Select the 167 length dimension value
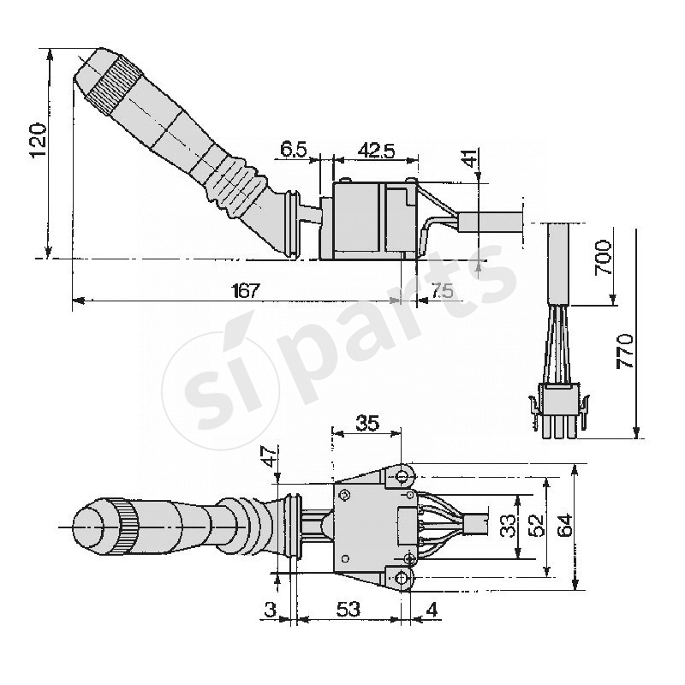[x=245, y=290]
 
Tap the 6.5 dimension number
[x=294, y=149]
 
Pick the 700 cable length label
[x=603, y=258]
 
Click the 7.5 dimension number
[x=442, y=290]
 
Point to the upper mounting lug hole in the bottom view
[x=401, y=475]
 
